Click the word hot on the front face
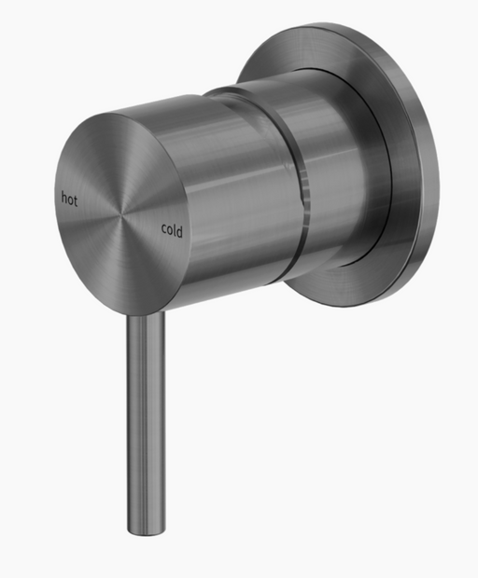69,199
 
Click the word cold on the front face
172,230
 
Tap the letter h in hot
64,198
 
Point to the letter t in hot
76,200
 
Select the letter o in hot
70,200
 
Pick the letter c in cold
164,228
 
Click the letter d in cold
180,232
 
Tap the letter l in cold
175,230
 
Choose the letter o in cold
170,230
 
